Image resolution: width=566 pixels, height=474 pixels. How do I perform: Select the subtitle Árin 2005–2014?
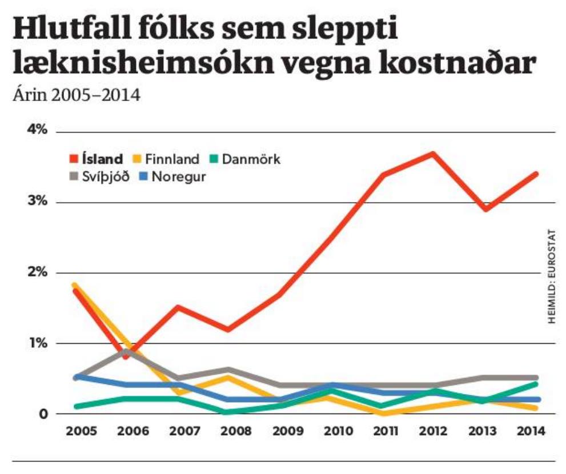(x=76, y=95)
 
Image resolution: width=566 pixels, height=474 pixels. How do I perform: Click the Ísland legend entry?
(x=102, y=159)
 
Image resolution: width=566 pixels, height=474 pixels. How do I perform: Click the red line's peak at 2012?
(x=432, y=154)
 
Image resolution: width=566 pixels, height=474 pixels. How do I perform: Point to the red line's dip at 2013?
(x=485, y=209)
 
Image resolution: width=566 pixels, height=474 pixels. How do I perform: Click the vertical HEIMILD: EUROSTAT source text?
(x=552, y=278)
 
